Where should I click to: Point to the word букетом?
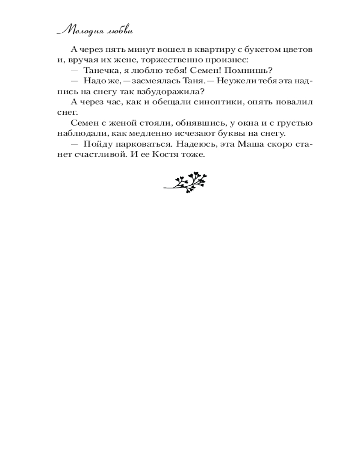pyautogui.click(x=262, y=49)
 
